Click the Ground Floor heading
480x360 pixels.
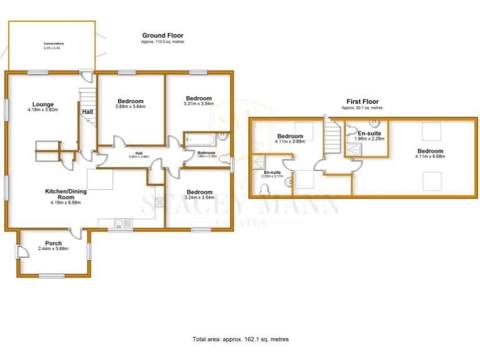(162, 36)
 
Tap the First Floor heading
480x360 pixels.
(362, 101)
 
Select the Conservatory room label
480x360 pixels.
(54, 44)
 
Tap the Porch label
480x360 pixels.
(53, 243)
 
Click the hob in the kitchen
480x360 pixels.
(160, 201)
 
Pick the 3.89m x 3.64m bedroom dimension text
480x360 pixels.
(130, 107)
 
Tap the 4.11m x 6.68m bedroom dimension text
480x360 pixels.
(430, 157)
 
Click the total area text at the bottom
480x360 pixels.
(241, 339)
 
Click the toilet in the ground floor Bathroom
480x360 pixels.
(223, 136)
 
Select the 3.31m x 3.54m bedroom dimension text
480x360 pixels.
(199, 104)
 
